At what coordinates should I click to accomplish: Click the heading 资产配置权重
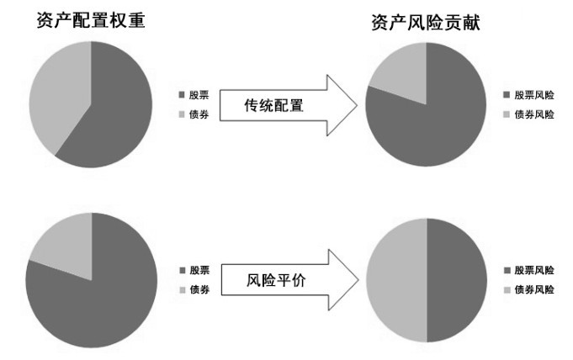[x=91, y=20]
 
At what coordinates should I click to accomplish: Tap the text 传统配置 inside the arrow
[x=273, y=106]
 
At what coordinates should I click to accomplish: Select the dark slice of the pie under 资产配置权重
[x=114, y=114]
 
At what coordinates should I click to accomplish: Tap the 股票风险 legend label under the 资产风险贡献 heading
[x=533, y=96]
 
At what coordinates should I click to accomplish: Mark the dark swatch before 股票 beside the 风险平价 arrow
[x=182, y=270]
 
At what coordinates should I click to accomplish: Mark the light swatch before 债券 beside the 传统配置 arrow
[x=182, y=114]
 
